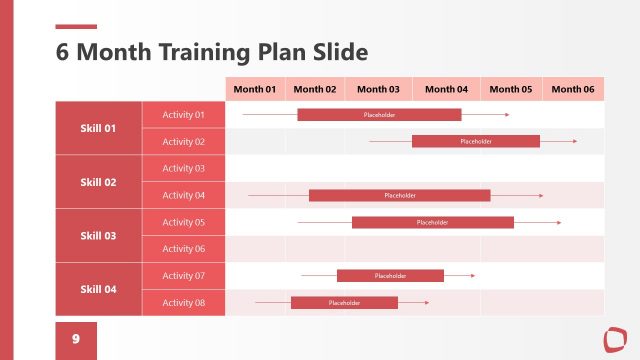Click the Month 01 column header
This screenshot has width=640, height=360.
click(255, 89)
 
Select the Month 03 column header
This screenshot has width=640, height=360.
click(378, 89)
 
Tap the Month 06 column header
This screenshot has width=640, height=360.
click(573, 89)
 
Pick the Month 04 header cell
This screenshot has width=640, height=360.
click(446, 89)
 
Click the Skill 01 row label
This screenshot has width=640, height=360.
click(98, 128)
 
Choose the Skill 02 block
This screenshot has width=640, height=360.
click(98, 182)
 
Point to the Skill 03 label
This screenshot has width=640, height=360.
click(98, 236)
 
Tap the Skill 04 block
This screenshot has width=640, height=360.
click(98, 289)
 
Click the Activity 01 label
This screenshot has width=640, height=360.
click(183, 115)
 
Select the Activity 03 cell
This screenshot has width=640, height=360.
click(183, 168)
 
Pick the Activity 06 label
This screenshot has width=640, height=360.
click(183, 249)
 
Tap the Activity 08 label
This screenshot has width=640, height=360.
click(183, 302)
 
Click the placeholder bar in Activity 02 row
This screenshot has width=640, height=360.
click(476, 142)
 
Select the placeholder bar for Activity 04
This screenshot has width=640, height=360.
click(399, 195)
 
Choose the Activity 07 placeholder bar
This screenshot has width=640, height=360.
click(390, 276)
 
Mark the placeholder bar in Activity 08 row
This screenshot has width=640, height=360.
click(344, 302)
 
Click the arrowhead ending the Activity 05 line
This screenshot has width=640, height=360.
click(559, 222)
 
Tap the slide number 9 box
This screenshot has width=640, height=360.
click(76, 340)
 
